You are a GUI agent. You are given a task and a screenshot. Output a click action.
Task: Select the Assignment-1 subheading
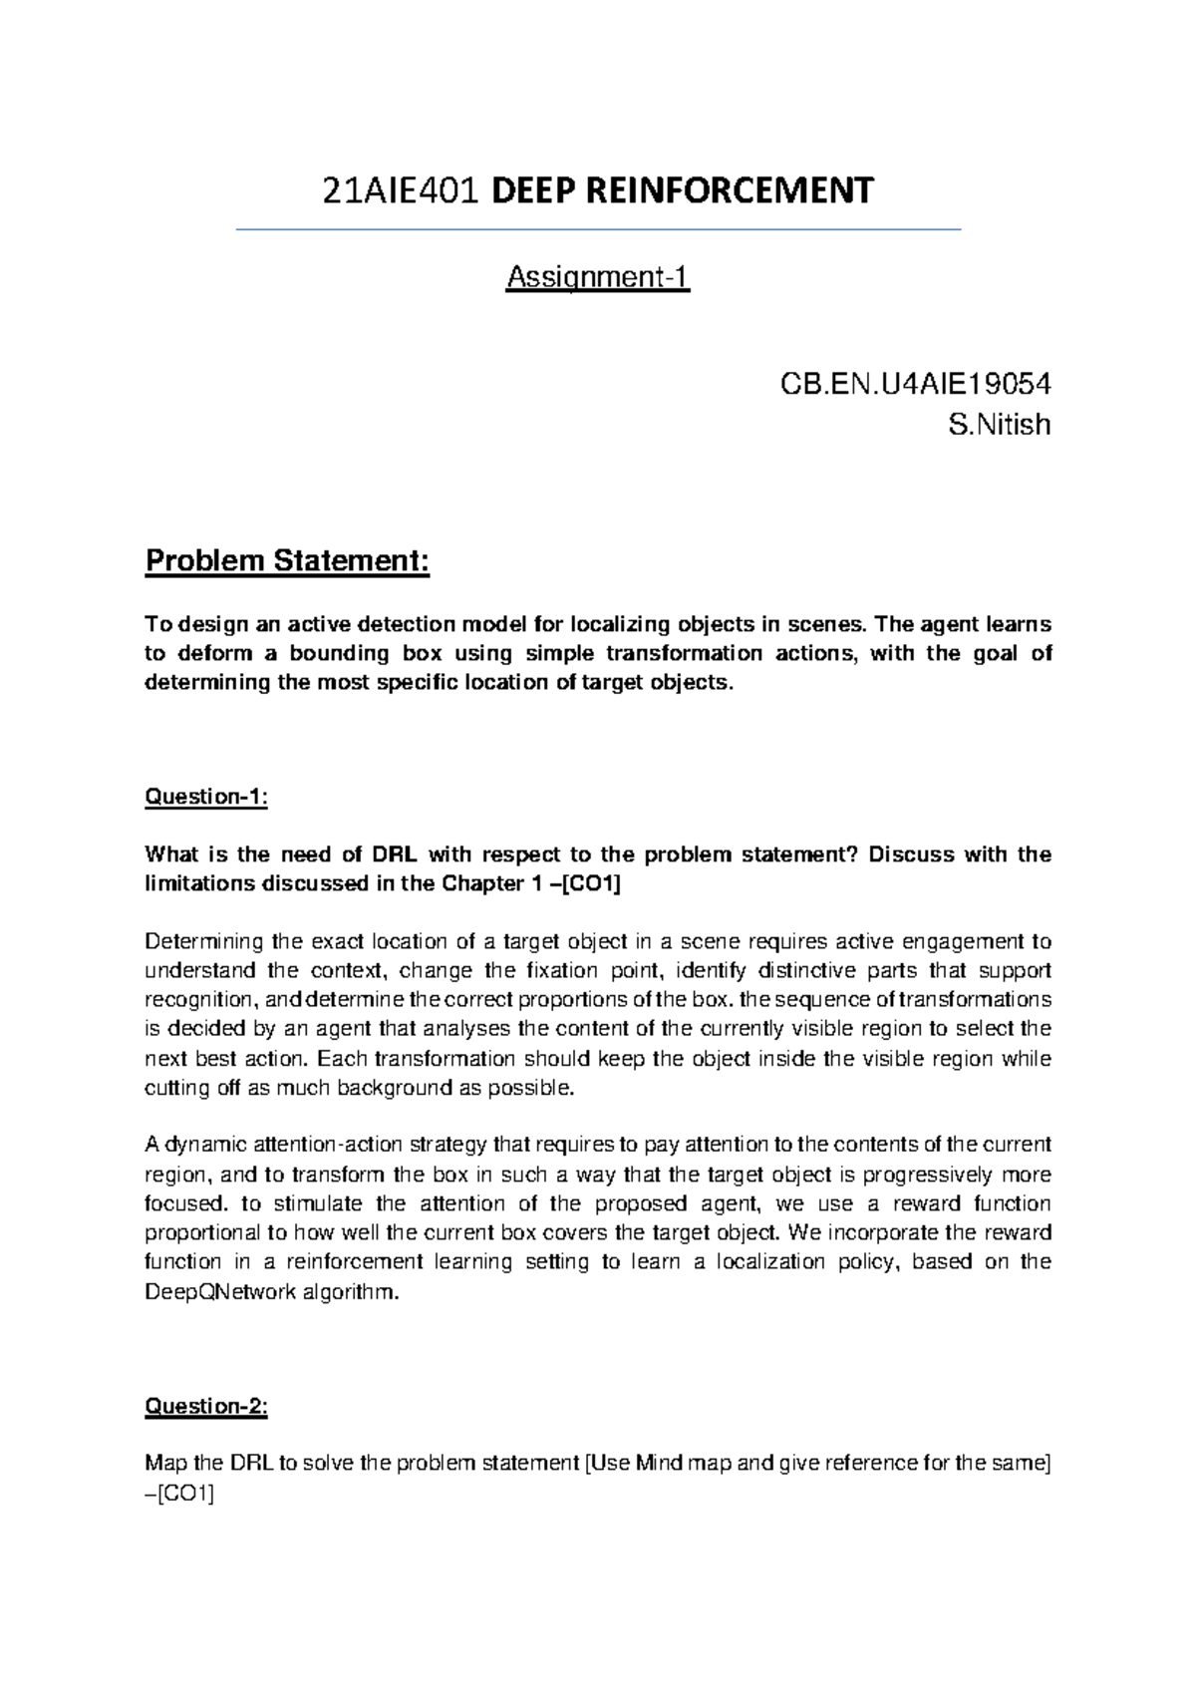coord(598,276)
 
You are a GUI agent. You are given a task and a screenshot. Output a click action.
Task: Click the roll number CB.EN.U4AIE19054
coord(915,384)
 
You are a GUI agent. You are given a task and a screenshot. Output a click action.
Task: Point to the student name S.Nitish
coord(1000,425)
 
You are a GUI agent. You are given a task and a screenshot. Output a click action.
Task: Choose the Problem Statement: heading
coord(287,561)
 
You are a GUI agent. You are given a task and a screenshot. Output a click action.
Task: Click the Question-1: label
coord(206,797)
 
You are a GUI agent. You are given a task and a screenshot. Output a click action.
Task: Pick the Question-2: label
coord(206,1406)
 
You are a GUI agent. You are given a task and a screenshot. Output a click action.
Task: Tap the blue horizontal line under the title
coord(598,230)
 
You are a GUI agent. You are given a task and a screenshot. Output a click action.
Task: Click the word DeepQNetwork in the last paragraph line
coord(220,1292)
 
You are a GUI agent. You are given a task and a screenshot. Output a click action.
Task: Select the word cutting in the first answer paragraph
coord(176,1088)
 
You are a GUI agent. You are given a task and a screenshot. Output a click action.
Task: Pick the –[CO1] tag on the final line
coord(179,1494)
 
